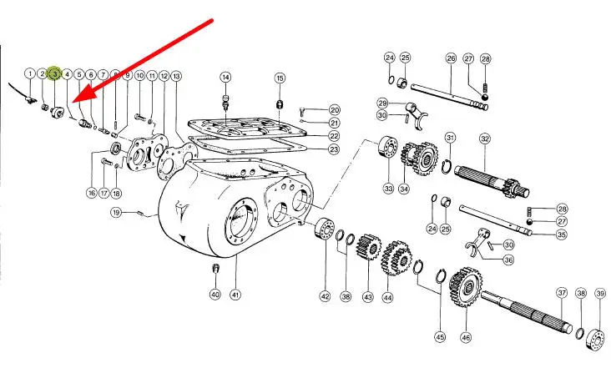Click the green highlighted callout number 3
pos(54,73)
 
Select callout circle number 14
pos(225,77)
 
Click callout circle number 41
pos(235,295)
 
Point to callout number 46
pos(466,337)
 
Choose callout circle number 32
pos(485,139)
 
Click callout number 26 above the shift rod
pos(451,58)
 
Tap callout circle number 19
pos(116,213)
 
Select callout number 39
pos(600,294)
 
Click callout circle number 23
pos(334,149)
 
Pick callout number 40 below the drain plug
pos(215,295)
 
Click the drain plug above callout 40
pos(215,268)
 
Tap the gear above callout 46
pos(465,286)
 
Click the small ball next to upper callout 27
pos(485,97)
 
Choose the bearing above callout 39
pos(596,339)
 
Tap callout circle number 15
pos(280,78)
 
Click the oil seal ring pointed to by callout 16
pos(116,148)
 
